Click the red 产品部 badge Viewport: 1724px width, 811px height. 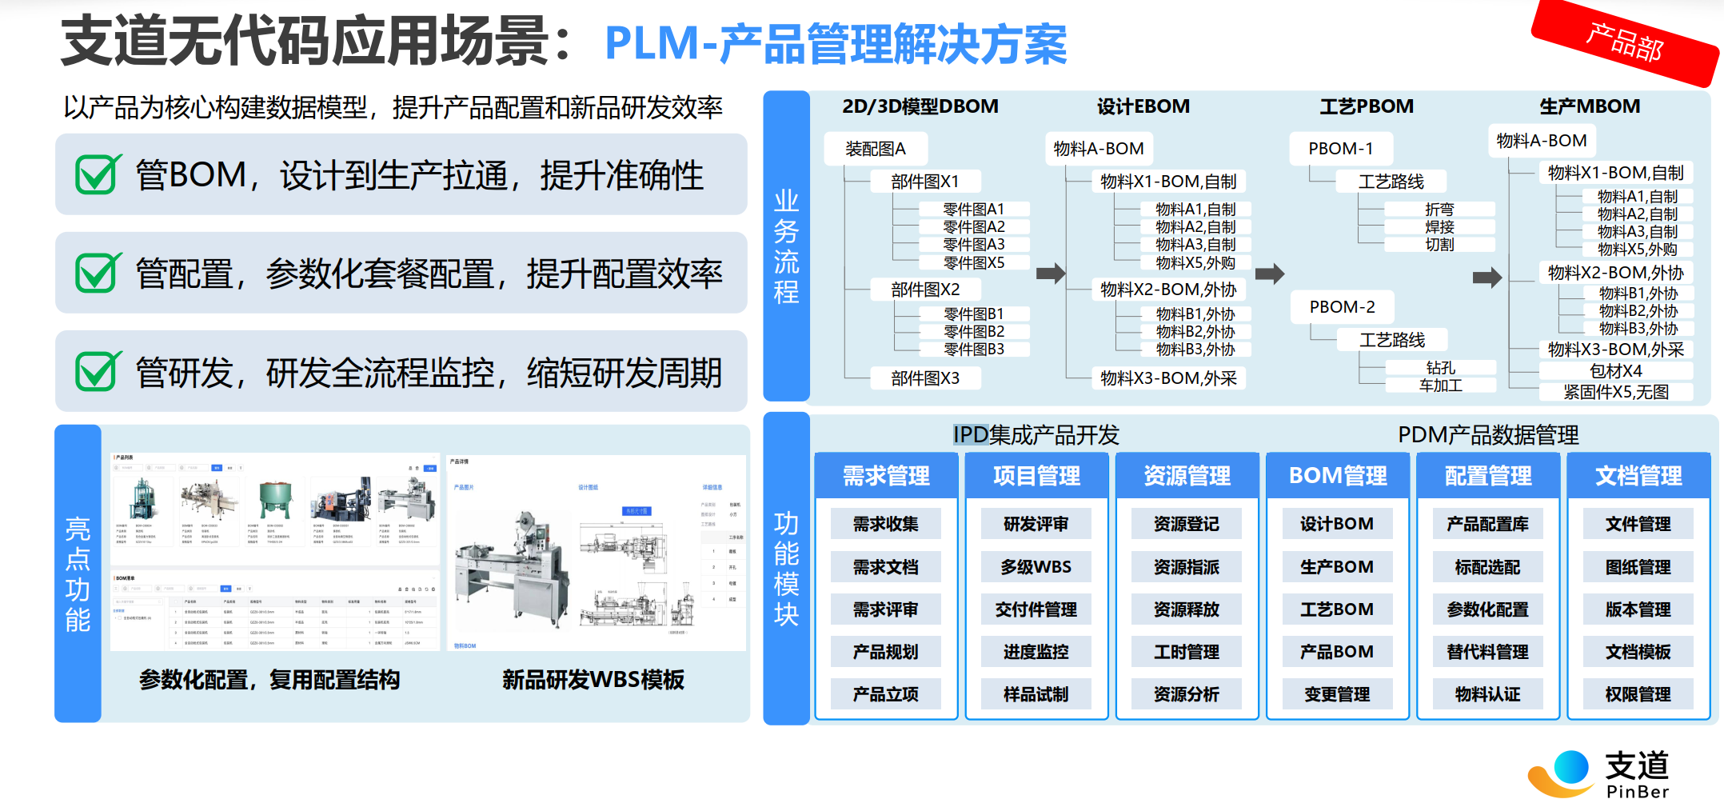click(1624, 42)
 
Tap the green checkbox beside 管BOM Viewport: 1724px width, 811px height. click(98, 174)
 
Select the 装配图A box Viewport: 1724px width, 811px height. click(876, 149)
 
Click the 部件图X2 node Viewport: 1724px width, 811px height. click(925, 290)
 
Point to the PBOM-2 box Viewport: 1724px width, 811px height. click(1342, 307)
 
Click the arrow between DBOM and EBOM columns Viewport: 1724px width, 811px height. click(1050, 274)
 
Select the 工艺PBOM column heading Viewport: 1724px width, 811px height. click(1366, 106)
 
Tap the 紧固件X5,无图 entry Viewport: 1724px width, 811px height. click(1616, 392)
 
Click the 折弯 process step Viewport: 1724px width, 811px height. click(1439, 210)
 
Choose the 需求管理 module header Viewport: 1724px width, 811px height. click(886, 476)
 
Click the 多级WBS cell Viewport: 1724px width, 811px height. click(1036, 567)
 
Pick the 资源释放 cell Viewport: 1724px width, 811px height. click(1187, 609)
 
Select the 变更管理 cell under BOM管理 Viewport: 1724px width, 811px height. click(1337, 694)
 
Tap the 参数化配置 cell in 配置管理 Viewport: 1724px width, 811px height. click(1487, 609)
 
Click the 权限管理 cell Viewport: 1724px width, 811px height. click(1638, 694)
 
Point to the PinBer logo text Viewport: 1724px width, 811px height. click(1638, 792)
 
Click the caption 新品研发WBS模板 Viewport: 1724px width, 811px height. click(593, 680)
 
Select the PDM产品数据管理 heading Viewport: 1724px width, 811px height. click(1488, 435)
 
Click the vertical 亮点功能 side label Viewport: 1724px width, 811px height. click(78, 573)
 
